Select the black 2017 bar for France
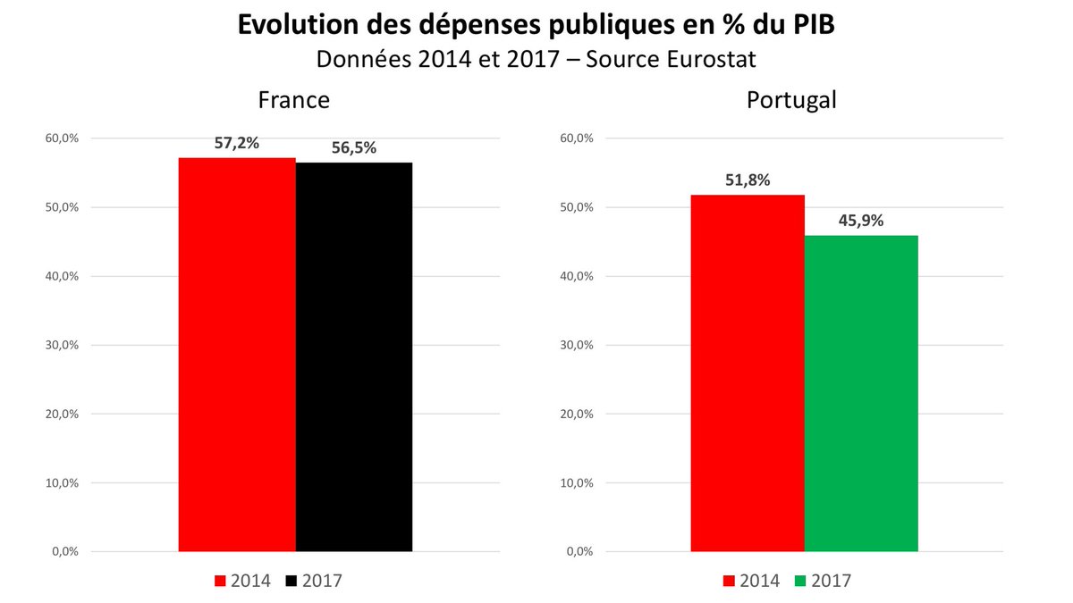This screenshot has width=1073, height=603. pos(354,357)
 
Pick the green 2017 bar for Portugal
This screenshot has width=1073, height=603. pos(861,393)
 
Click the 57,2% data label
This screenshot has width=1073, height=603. pos(237,143)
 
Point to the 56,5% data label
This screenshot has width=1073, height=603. pos(354,148)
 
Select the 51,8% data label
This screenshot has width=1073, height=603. pos(748,180)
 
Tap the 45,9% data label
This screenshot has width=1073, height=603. pos(861,221)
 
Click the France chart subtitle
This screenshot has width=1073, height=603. pos(294,99)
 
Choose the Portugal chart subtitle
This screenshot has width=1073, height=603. pos(791,99)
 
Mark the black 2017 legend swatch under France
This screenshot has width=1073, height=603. pos(291,582)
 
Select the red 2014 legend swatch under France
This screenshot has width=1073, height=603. pos(220,582)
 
